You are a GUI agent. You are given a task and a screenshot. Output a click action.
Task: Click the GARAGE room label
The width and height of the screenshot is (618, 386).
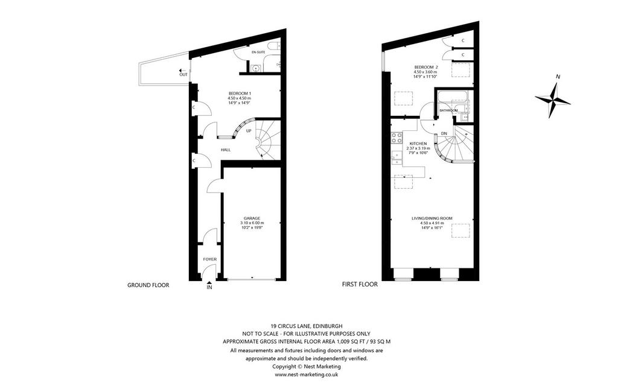pyautogui.click(x=252, y=218)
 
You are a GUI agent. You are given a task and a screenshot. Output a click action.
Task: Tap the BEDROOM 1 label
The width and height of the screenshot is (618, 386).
pyautogui.click(x=240, y=93)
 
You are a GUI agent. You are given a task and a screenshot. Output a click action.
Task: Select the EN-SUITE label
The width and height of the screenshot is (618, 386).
pyautogui.click(x=258, y=52)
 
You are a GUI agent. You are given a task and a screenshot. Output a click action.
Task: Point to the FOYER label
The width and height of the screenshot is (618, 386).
pyautogui.click(x=209, y=259)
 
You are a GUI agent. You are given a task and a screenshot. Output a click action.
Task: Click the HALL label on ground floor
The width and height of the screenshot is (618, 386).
pyautogui.click(x=226, y=150)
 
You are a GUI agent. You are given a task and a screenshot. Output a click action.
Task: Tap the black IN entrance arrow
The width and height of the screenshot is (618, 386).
pyautogui.click(x=209, y=282)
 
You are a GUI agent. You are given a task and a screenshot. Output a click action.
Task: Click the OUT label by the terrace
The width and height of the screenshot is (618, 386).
pyautogui.click(x=183, y=74)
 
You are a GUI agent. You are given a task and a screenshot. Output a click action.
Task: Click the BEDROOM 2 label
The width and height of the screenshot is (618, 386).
pyautogui.click(x=425, y=68)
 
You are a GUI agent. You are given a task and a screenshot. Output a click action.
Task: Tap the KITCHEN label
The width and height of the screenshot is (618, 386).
pyautogui.click(x=418, y=144)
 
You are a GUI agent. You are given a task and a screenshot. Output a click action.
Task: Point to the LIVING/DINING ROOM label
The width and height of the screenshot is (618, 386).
pyautogui.click(x=432, y=218)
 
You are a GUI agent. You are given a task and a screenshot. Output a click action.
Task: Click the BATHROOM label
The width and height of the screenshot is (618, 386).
pyautogui.click(x=449, y=110)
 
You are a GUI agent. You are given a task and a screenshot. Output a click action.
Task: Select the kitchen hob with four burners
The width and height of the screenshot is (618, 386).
pyautogui.click(x=396, y=138)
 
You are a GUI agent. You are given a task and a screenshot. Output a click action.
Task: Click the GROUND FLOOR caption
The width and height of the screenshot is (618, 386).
pyautogui.click(x=148, y=285)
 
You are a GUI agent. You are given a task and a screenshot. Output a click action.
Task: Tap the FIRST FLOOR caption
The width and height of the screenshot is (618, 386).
pyautogui.click(x=360, y=285)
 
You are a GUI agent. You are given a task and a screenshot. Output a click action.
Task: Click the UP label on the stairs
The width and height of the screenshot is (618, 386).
pyautogui.click(x=248, y=131)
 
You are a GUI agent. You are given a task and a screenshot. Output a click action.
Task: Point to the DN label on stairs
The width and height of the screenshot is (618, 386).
pyautogui.click(x=444, y=133)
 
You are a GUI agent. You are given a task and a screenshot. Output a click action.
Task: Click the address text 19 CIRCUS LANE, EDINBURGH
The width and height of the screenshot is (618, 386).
pyautogui.click(x=307, y=326)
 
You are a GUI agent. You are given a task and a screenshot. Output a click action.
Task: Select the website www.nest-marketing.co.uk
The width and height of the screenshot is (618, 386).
pyautogui.click(x=306, y=375)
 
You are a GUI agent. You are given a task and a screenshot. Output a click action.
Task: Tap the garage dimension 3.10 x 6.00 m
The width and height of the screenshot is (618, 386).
pyautogui.click(x=252, y=223)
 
